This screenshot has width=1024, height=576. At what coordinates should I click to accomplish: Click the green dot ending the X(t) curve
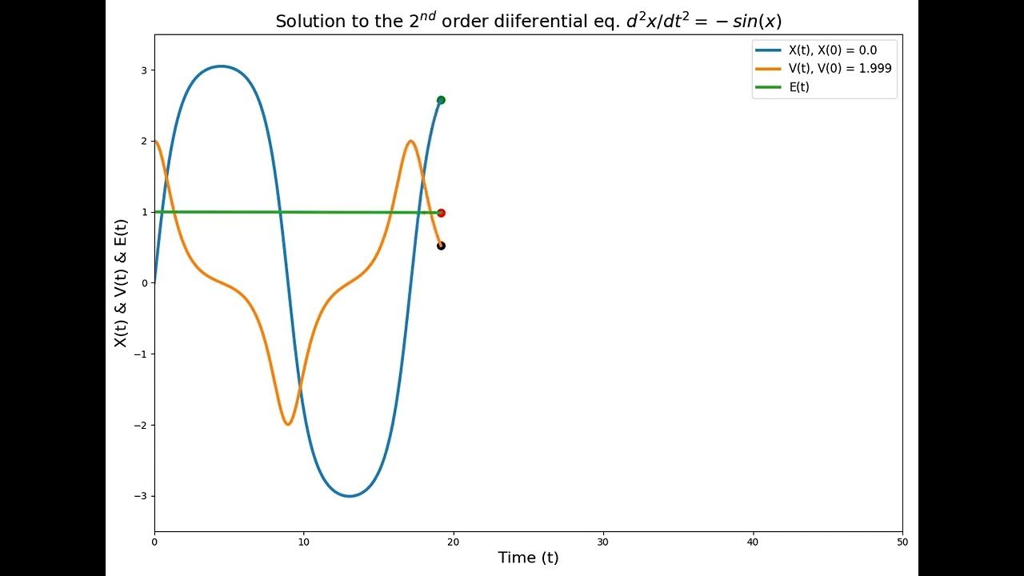click(x=441, y=100)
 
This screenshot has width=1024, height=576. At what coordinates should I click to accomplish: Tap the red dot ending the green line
click(x=441, y=213)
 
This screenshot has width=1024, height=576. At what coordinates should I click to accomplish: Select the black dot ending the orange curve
click(x=441, y=246)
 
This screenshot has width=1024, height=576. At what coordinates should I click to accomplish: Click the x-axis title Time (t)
click(x=528, y=558)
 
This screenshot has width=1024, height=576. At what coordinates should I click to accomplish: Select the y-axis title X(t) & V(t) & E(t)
click(x=121, y=283)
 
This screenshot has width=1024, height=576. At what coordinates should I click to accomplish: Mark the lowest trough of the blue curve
click(x=349, y=496)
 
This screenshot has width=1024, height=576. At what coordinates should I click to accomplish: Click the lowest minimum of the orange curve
click(x=288, y=424)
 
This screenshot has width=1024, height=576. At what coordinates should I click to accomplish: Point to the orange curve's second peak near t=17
click(x=410, y=142)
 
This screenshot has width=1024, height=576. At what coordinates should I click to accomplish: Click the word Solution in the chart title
click(x=305, y=22)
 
